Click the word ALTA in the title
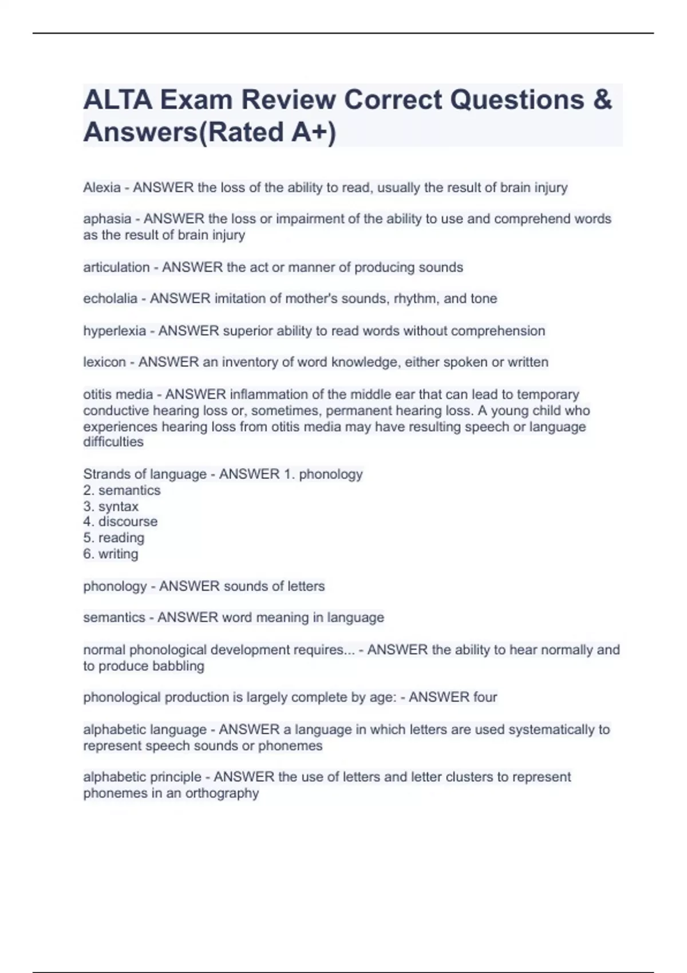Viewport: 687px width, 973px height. tap(117, 100)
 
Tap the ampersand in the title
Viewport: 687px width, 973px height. tap(602, 100)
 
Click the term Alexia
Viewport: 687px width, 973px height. tap(102, 188)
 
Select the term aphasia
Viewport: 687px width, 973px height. tap(107, 219)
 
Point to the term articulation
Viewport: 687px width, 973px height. tap(116, 267)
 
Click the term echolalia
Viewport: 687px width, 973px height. tap(110, 299)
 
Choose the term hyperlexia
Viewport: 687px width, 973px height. tap(114, 331)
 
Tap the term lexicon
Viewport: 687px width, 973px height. tap(104, 362)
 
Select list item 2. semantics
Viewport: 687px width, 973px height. tap(122, 491)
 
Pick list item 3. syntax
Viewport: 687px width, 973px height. tap(111, 507)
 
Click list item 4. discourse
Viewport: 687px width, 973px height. tap(120, 521)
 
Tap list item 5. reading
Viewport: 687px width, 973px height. tap(114, 538)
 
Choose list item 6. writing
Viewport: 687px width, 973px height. tap(111, 554)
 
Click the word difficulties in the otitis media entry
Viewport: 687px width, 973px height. tap(113, 442)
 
